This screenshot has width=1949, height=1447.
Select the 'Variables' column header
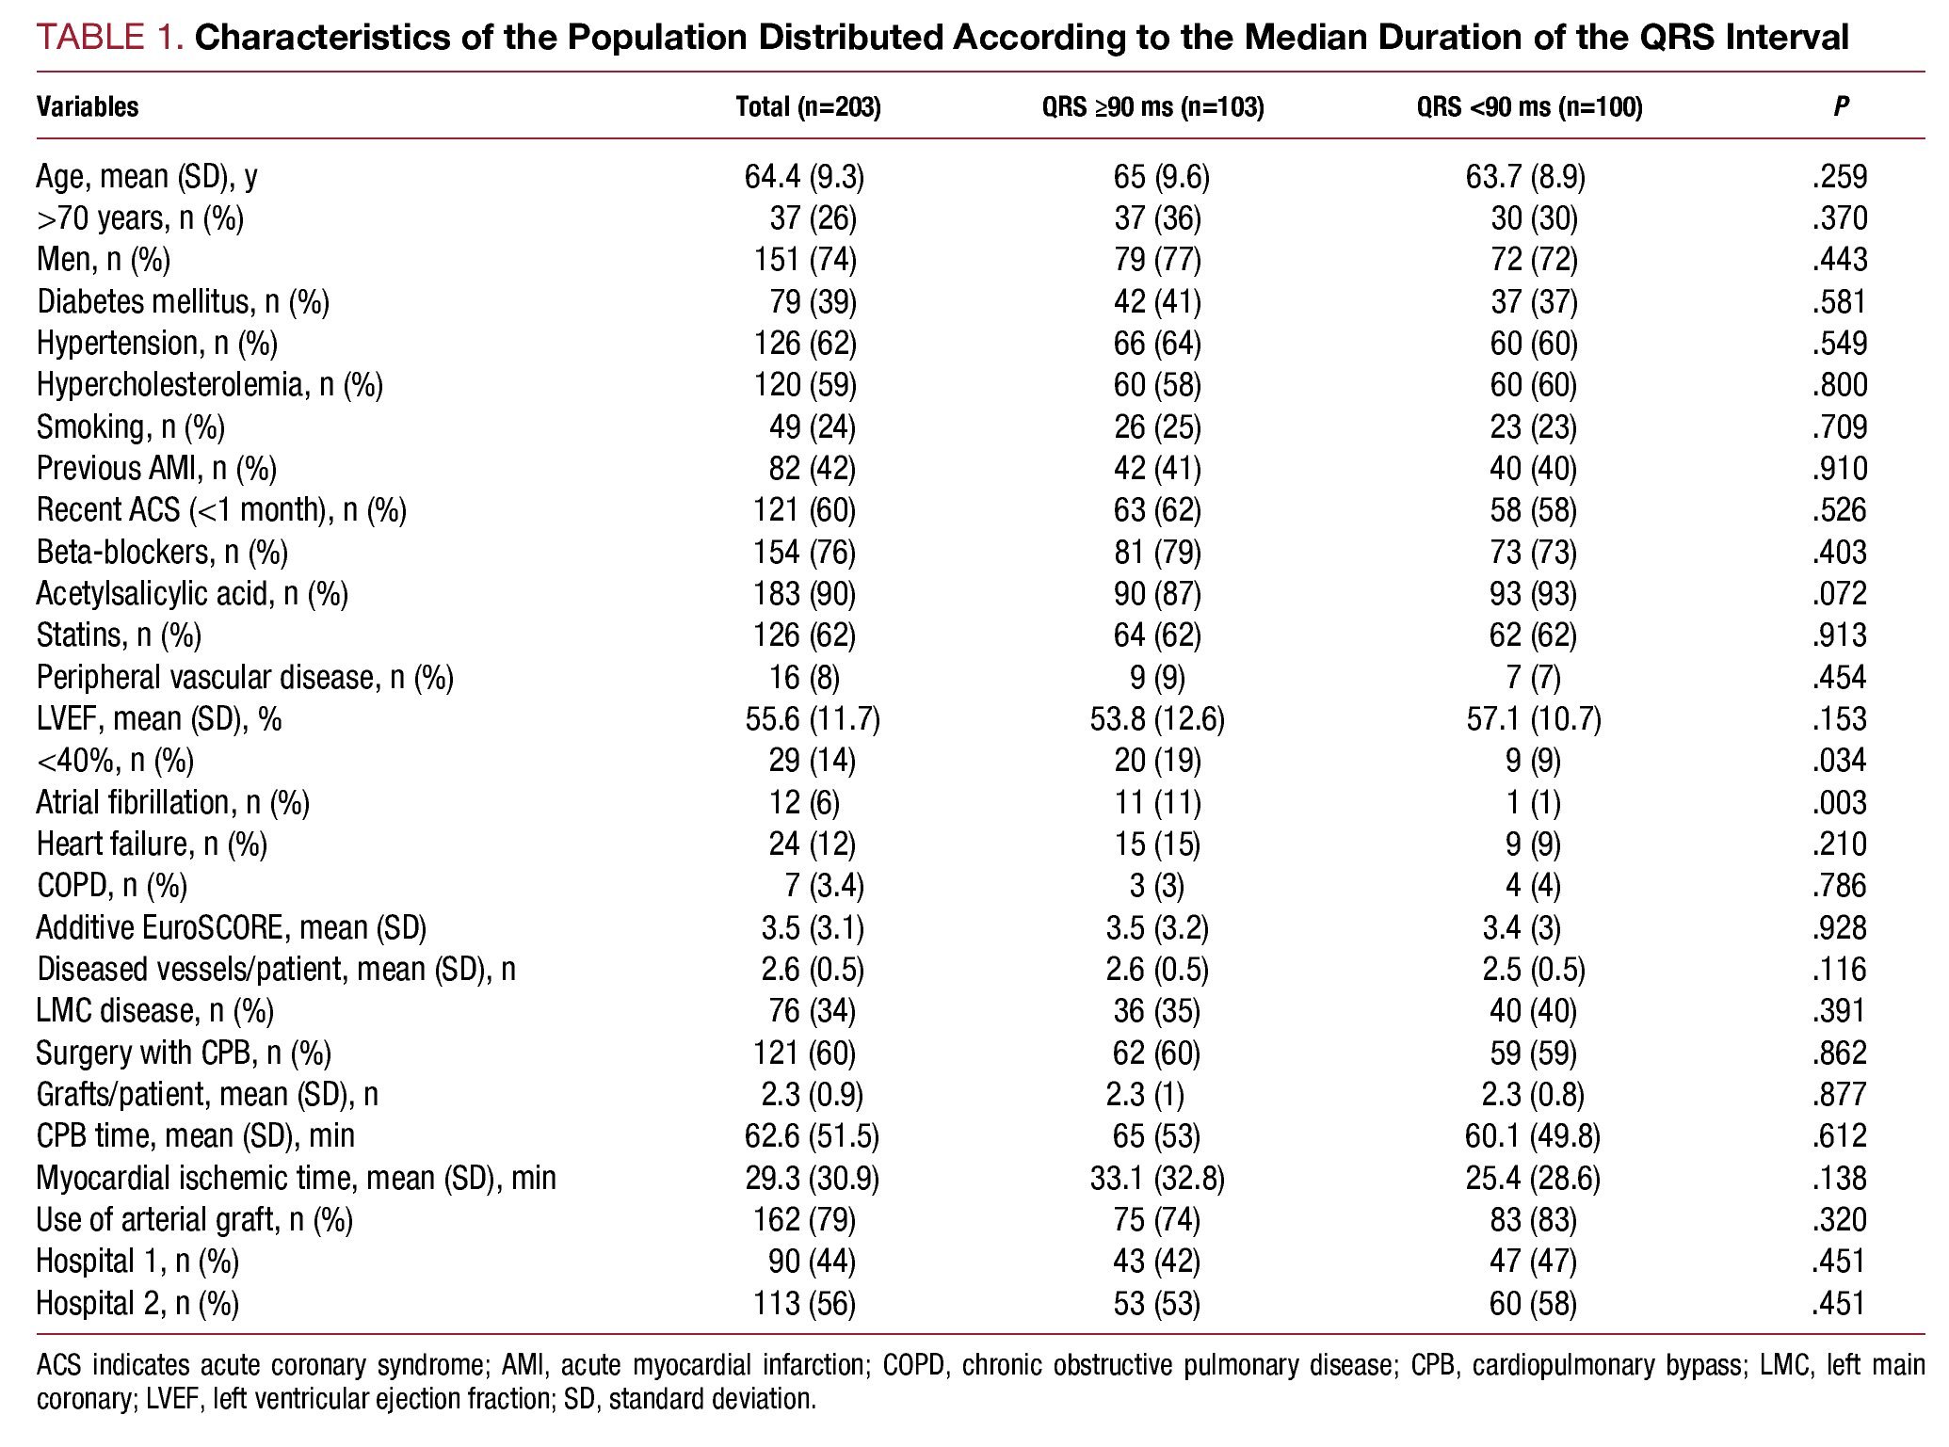coord(88,107)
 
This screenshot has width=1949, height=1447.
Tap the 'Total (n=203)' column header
coord(808,107)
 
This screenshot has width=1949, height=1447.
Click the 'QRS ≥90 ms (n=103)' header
coord(1152,107)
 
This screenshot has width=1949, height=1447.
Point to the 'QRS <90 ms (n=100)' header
coord(1529,107)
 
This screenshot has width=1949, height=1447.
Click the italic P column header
coord(1841,107)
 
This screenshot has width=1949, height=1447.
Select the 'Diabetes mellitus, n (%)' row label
coord(183,302)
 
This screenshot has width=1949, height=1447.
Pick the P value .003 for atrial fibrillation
coord(1839,802)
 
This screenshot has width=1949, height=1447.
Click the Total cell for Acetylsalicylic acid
coord(804,594)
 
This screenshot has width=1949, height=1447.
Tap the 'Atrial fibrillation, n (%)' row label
coord(172,802)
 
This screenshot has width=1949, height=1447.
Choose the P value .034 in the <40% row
coord(1839,761)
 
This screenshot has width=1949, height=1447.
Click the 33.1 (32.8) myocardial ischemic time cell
coord(1157,1178)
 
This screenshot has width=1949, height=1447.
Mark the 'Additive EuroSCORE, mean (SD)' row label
coord(231,928)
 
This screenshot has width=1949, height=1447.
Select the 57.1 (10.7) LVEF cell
coord(1533,719)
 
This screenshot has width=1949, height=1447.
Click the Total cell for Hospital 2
coord(804,1303)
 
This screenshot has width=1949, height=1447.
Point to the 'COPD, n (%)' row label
coord(111,886)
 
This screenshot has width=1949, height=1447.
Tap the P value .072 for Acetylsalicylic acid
coord(1839,594)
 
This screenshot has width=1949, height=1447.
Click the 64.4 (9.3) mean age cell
coord(804,177)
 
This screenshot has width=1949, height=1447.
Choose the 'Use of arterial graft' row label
coord(194,1220)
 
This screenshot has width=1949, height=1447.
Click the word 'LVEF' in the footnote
coord(174,1398)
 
